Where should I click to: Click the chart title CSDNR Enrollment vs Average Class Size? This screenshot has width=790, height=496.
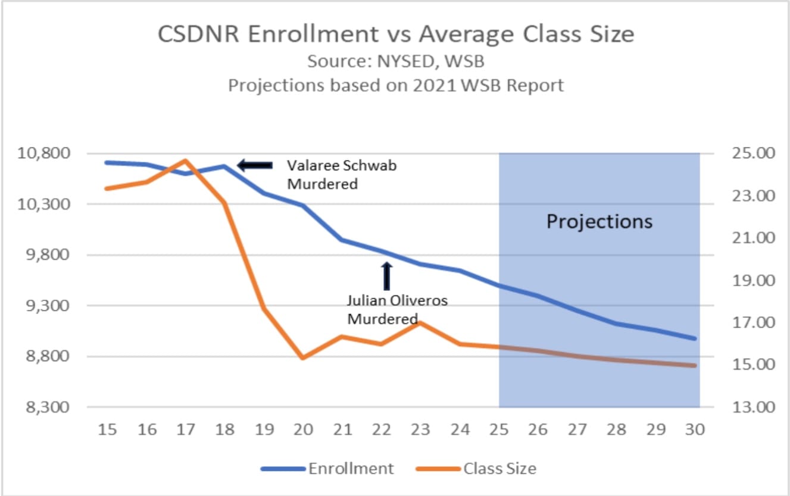(x=395, y=34)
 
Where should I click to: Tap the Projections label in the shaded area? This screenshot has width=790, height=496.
(x=599, y=222)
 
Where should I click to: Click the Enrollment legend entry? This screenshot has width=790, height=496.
(x=327, y=469)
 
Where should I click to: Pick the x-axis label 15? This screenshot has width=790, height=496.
(x=107, y=429)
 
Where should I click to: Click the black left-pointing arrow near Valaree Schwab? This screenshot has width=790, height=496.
(x=255, y=165)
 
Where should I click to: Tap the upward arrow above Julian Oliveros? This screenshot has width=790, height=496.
(x=387, y=276)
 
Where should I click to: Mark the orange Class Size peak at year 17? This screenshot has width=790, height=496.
(x=186, y=161)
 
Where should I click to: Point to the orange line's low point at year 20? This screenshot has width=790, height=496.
(x=302, y=358)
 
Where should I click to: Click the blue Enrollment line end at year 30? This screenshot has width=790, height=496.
(x=694, y=338)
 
